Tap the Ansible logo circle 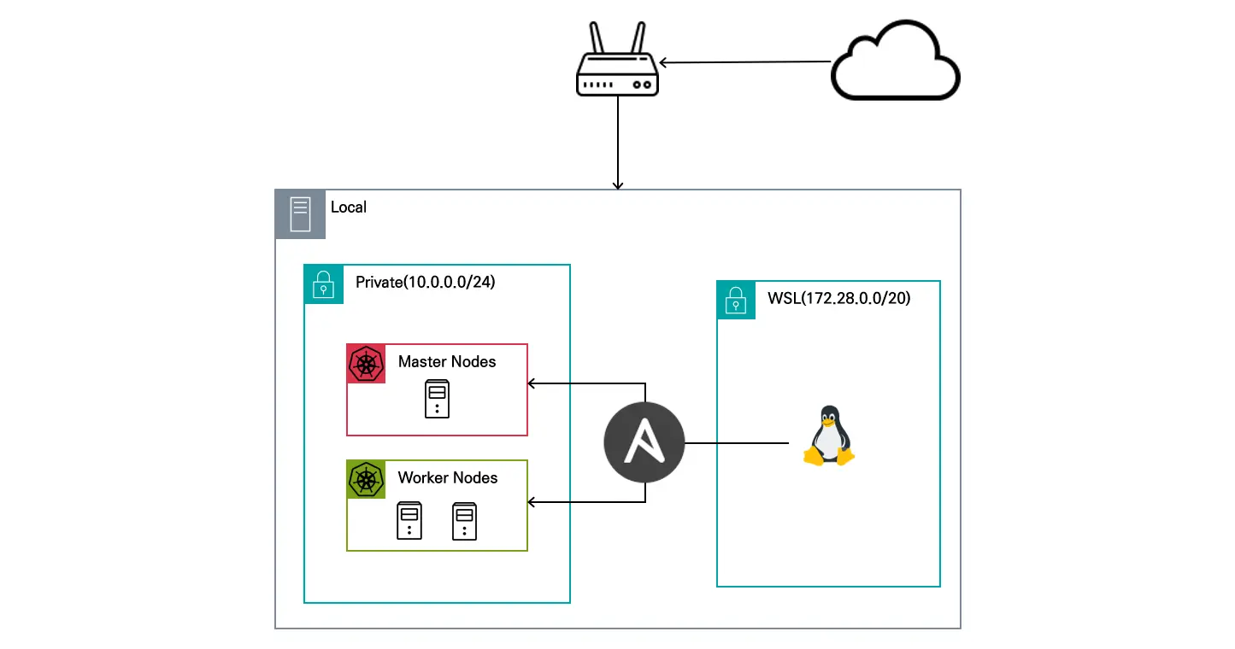644,443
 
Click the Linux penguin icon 828,436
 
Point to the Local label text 348,207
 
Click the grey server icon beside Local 300,213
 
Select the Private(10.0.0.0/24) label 425,283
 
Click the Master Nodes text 447,361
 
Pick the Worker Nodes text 448,477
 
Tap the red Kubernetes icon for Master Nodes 366,363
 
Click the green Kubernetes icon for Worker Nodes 366,479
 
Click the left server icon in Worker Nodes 409,521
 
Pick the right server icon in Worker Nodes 464,521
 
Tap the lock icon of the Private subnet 323,284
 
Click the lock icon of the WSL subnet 736,300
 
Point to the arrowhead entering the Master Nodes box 532,383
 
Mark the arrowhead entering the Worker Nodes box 532,502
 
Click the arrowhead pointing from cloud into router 663,62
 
